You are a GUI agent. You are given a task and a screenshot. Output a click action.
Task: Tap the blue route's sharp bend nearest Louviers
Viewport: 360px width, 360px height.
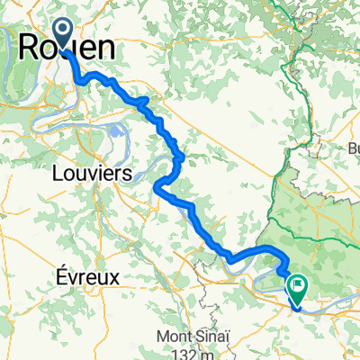click(x=158, y=186)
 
